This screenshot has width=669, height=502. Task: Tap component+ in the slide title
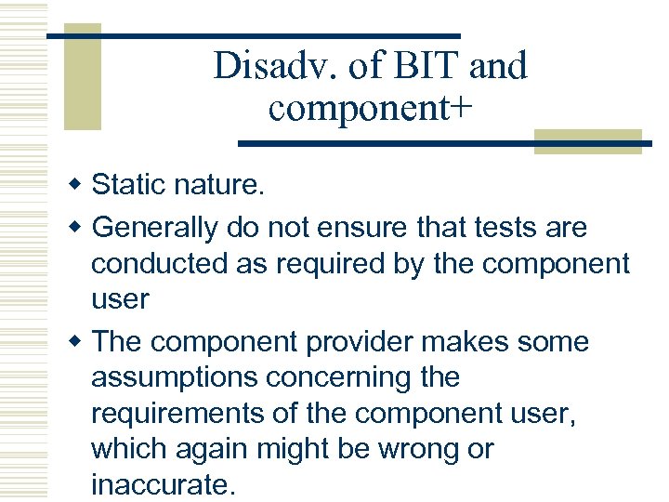pyautogui.click(x=370, y=108)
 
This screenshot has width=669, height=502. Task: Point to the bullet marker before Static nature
pyautogui.click(x=79, y=186)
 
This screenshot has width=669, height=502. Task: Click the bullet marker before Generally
pyautogui.click(x=79, y=228)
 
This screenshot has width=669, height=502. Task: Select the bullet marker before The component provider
pyautogui.click(x=79, y=342)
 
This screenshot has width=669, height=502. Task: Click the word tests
pyautogui.click(x=509, y=228)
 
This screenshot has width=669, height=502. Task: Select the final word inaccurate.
pyautogui.click(x=164, y=484)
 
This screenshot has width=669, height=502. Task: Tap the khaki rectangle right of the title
pyautogui.click(x=587, y=140)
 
